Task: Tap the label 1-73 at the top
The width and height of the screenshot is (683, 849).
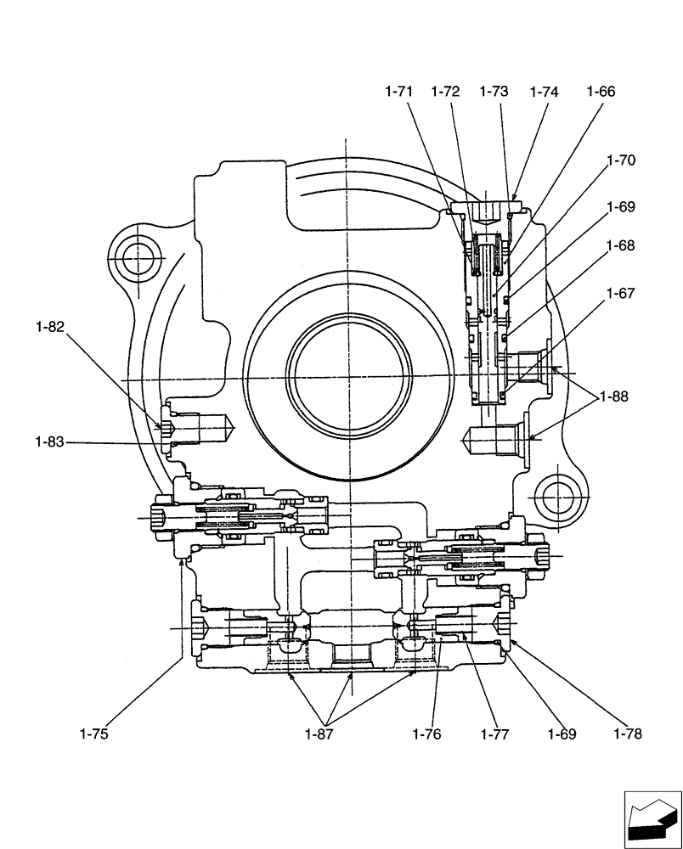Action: click(494, 92)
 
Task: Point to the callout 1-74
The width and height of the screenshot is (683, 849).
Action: click(544, 92)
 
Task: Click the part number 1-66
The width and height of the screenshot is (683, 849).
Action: click(601, 92)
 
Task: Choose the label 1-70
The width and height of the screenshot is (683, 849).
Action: click(621, 160)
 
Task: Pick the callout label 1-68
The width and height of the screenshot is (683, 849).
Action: click(621, 245)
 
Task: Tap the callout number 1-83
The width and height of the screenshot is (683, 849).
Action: click(50, 441)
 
